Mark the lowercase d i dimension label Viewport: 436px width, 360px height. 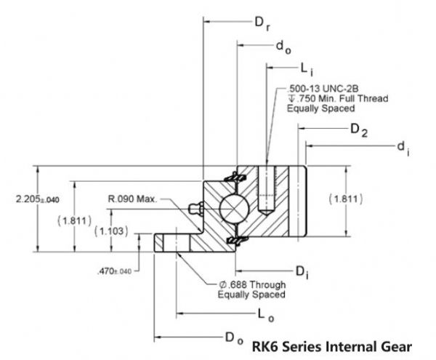(x=402, y=148)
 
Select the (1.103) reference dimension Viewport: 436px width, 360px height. (x=112, y=231)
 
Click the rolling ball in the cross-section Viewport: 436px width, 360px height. (x=234, y=209)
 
